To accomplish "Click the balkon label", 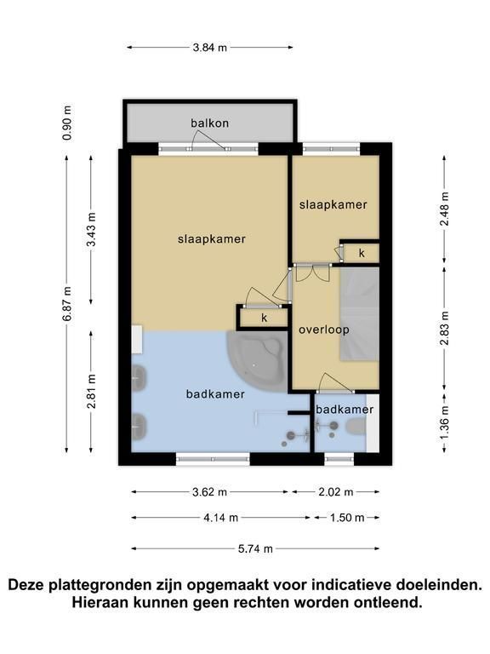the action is click(x=209, y=123).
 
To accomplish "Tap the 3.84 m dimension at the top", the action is click(x=209, y=48).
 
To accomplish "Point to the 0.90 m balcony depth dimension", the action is click(x=66, y=123).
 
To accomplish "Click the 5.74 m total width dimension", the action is click(x=255, y=548).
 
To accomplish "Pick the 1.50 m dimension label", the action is click(x=347, y=518).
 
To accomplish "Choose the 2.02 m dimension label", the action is click(x=336, y=492).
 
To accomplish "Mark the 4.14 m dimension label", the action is click(x=221, y=518).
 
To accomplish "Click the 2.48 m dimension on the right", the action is click(x=445, y=209).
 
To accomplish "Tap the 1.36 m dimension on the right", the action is click(x=445, y=422).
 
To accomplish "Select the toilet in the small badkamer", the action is click(x=356, y=427).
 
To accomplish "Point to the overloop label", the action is click(x=324, y=330).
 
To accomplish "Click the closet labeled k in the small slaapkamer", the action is click(x=361, y=253).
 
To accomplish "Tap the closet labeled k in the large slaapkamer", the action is click(x=264, y=318).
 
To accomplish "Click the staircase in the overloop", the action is click(x=360, y=313).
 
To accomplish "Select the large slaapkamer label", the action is click(x=212, y=239).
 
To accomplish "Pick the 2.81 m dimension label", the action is click(x=92, y=391).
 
